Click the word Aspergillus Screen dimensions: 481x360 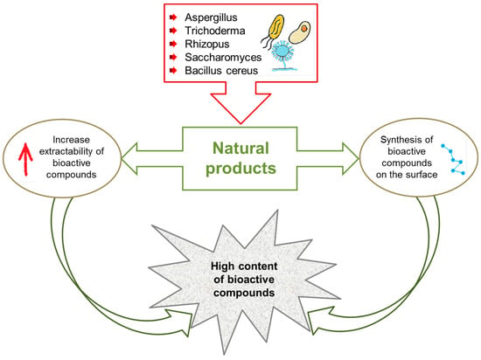point(211,17)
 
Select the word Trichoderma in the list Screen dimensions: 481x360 point(215,31)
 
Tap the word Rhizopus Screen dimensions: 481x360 point(207,45)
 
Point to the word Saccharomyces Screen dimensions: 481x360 point(223,58)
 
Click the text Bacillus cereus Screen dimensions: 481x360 point(221,71)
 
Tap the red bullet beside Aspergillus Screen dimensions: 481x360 point(173,17)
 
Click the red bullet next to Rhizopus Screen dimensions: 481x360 point(173,44)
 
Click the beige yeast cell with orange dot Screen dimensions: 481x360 point(300,32)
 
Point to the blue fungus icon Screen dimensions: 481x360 point(283,55)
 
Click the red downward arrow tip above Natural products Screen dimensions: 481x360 point(240,123)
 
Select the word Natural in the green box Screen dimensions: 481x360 point(240,149)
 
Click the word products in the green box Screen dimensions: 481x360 point(240,169)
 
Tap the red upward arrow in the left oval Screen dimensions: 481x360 point(25,159)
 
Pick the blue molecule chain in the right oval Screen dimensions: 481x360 point(453,159)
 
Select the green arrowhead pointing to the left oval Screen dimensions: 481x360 point(129,159)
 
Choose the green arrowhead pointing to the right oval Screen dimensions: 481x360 point(351,159)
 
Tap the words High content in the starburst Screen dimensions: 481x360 point(244,266)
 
